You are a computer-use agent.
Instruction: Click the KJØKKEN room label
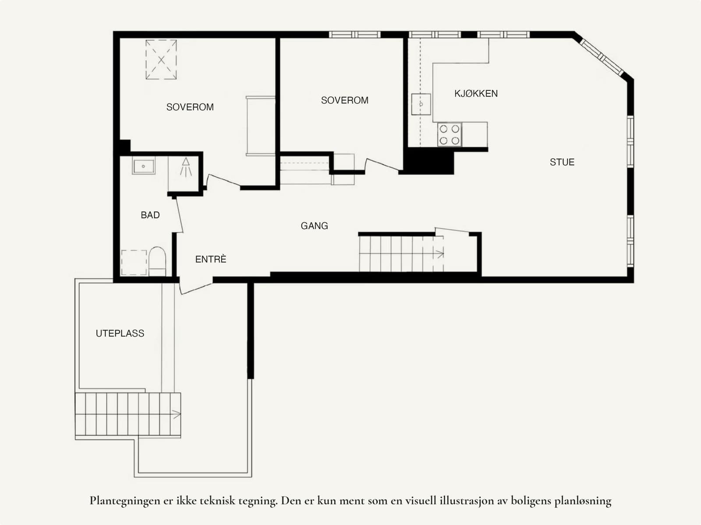(x=476, y=94)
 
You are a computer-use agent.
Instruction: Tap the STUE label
(x=562, y=162)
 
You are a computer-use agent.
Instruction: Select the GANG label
(x=314, y=226)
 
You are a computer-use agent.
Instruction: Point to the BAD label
(x=150, y=215)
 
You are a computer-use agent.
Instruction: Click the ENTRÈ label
(x=210, y=259)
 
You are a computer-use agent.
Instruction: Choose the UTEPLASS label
(x=120, y=333)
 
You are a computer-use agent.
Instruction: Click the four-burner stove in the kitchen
(x=450, y=135)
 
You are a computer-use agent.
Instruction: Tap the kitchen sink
(x=421, y=104)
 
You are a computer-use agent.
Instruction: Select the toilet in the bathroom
(x=157, y=261)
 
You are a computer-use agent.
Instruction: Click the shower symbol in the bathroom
(x=186, y=167)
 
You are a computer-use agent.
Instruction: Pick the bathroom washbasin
(x=144, y=165)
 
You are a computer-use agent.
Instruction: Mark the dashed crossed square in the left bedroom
(x=161, y=60)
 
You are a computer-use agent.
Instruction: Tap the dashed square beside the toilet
(x=134, y=262)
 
